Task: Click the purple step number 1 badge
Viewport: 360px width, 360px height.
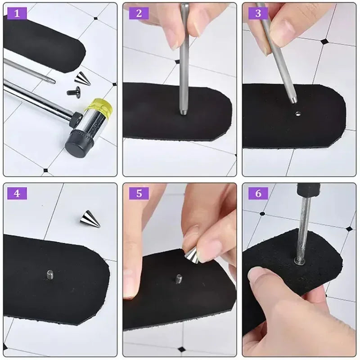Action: [17, 13]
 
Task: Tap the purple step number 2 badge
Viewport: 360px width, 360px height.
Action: [139, 13]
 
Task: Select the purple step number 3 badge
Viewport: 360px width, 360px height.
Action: [258, 13]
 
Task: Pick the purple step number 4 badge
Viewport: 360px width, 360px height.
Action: [17, 193]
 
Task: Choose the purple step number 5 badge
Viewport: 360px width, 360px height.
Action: [139, 193]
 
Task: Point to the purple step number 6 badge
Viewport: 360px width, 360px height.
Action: [258, 193]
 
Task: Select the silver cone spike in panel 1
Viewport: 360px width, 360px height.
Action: [82, 78]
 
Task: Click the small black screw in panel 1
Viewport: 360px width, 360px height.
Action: [74, 91]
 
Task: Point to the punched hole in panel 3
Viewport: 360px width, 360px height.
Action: [298, 113]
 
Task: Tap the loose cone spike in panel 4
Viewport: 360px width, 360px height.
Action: [90, 219]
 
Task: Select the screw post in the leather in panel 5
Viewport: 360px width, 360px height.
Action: [179, 279]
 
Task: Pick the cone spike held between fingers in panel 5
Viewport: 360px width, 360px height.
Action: [192, 256]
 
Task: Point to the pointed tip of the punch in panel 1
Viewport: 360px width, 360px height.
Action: [55, 81]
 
